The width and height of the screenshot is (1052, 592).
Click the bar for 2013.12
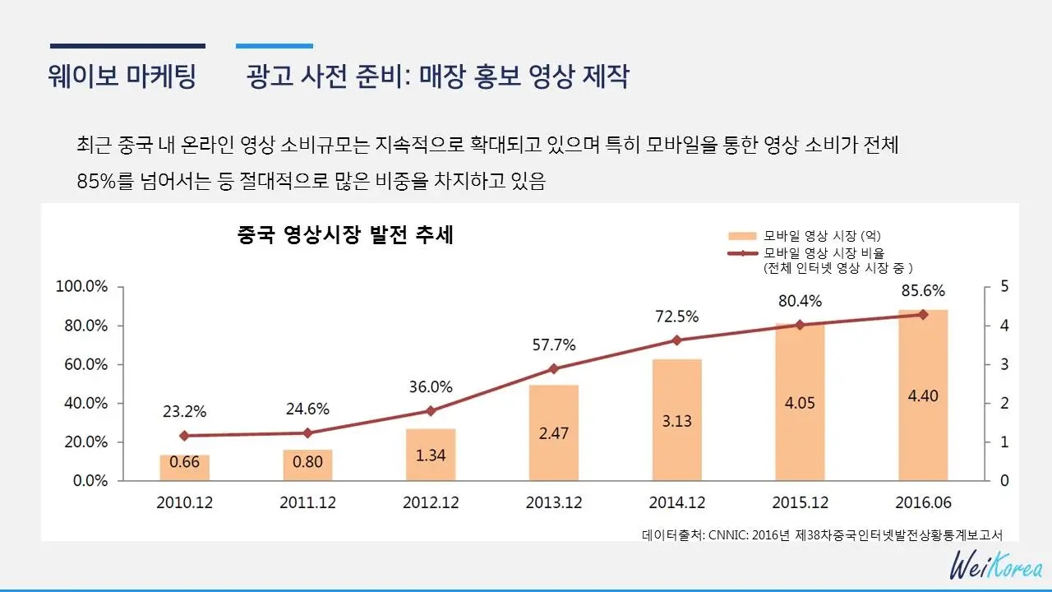point(554,432)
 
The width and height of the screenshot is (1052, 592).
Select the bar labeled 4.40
point(923,395)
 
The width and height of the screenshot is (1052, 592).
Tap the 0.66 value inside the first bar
point(185,462)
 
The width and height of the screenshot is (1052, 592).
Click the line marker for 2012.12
point(431,411)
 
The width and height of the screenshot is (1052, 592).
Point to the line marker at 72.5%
point(677,340)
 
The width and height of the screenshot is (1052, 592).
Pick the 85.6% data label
point(922,291)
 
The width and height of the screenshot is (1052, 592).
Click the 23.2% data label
point(184,412)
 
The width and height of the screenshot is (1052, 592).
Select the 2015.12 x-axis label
point(801,502)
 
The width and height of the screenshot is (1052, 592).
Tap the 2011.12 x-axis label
point(308,502)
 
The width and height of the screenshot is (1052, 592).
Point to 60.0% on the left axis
point(81,364)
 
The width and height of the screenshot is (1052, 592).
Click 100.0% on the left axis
point(81,286)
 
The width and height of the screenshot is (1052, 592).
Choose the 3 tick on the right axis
point(1004,364)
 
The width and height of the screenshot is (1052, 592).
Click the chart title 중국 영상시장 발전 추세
point(345,236)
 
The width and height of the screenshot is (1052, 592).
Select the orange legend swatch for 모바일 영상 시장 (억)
point(742,236)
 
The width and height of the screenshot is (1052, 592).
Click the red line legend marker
point(742,253)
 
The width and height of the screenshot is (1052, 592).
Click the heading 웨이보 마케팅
point(123,76)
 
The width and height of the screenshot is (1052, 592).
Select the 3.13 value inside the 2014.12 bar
point(677,421)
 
